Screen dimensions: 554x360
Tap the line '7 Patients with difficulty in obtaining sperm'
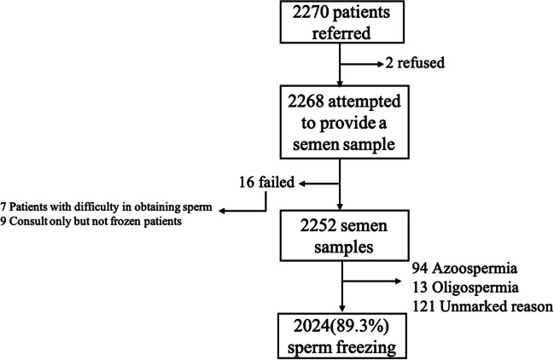click(110, 208)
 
